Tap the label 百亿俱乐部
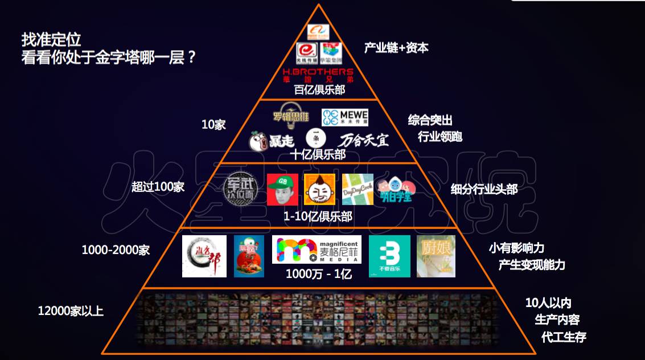pos(319,90)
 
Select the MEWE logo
pos(345,117)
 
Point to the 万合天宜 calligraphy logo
pos(364,140)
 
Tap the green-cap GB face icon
pos(283,189)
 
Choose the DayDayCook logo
pos(358,189)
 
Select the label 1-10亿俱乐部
pos(318,216)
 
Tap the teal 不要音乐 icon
pos(389,256)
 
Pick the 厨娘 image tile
pos(436,256)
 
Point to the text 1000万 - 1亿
pos(319,274)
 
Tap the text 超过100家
pos(158,187)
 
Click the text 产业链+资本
pos(396,48)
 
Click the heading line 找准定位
pos(51,39)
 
